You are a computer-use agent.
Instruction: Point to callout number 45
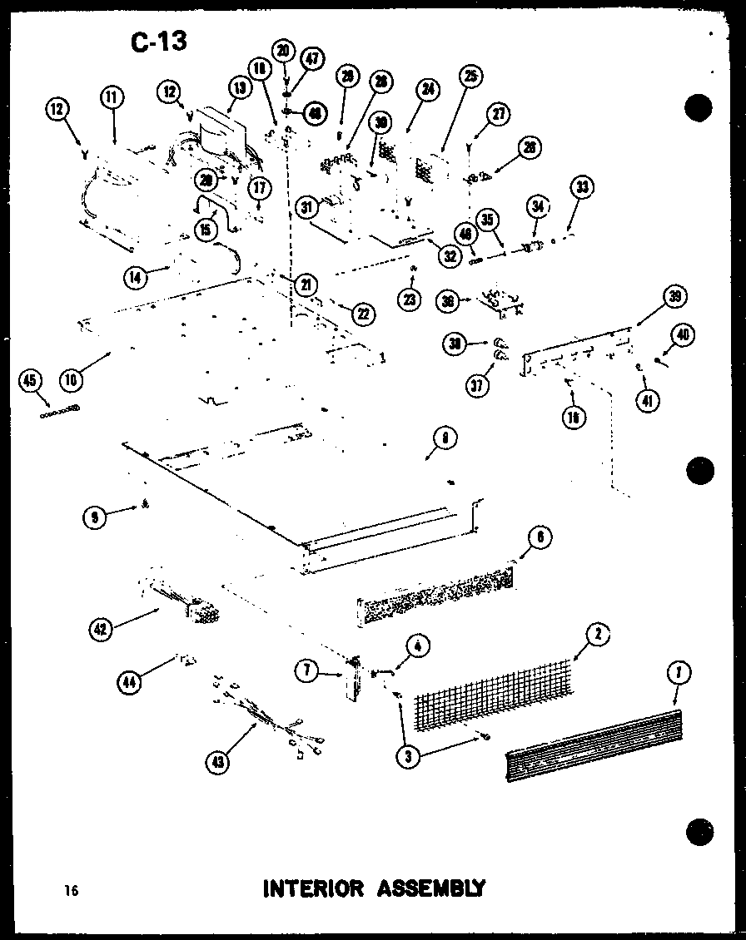tap(30, 382)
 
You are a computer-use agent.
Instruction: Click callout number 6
tap(539, 538)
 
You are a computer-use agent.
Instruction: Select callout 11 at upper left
tap(112, 98)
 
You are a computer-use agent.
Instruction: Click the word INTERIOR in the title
tap(313, 888)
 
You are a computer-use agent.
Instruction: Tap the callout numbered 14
tap(135, 277)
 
